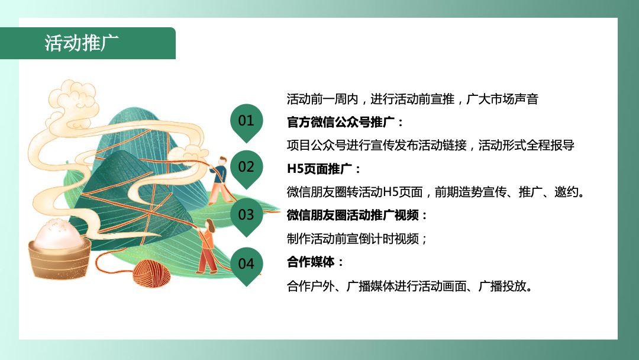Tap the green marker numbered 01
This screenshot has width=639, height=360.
[x=246, y=120]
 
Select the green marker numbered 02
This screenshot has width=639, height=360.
[x=246, y=166]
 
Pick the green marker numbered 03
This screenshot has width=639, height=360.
[x=246, y=214]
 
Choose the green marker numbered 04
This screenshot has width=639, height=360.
[x=246, y=263]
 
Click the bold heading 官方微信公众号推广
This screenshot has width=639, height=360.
[x=346, y=122]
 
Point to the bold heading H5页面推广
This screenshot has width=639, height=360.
[x=323, y=168]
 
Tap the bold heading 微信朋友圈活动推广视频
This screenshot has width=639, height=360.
[x=357, y=214]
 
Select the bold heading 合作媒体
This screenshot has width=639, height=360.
[x=315, y=262]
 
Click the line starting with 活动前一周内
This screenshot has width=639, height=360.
[x=412, y=99]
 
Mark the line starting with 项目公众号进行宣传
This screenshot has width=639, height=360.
[x=430, y=145]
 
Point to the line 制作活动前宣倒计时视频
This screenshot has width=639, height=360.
[x=357, y=239]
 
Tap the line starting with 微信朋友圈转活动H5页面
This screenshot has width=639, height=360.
[x=435, y=192]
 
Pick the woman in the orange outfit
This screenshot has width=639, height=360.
[x=206, y=246]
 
